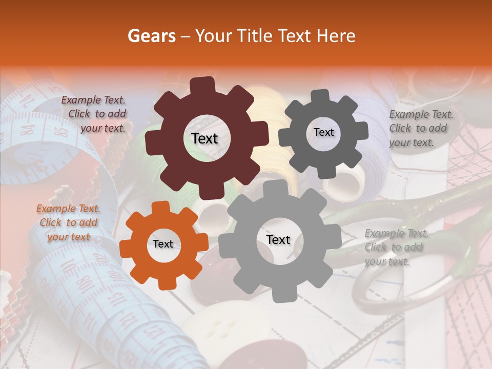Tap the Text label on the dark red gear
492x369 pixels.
pos(204,138)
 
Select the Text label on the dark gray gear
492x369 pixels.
pos(323,132)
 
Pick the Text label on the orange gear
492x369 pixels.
pos(163,244)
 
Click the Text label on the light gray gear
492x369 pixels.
pos(278,239)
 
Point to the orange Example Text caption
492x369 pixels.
pos(69,222)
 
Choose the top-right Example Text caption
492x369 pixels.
pos(421,128)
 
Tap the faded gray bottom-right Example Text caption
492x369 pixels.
pos(396,247)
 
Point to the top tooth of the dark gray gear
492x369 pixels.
pos(321,96)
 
